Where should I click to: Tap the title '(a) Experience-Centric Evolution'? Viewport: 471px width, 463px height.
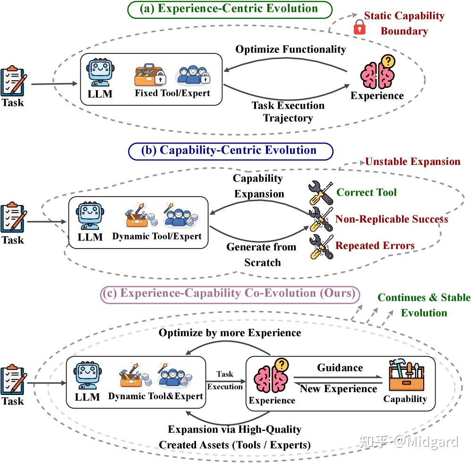(229, 9)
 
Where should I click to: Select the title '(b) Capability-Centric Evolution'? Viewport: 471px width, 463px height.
(229, 150)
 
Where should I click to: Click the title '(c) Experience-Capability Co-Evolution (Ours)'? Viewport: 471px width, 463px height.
(230, 293)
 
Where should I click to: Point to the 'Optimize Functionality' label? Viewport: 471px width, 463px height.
(291, 49)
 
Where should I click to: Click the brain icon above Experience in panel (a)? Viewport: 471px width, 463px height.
(378, 72)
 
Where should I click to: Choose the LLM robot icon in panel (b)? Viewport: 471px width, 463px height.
(90, 216)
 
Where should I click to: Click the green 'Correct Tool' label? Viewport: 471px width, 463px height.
(367, 192)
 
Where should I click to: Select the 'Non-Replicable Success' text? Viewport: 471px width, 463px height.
(392, 219)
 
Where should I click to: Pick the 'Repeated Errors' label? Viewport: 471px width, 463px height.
(375, 246)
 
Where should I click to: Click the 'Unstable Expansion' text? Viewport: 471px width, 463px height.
(413, 162)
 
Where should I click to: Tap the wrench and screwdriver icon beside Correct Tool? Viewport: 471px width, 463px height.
(321, 193)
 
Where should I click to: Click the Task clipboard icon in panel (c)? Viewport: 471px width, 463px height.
(14, 379)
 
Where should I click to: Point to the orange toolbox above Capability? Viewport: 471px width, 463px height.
(406, 374)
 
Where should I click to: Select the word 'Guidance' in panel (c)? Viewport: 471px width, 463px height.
(340, 368)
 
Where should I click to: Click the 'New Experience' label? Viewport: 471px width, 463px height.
(339, 389)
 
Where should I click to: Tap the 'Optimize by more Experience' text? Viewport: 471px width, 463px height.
(230, 333)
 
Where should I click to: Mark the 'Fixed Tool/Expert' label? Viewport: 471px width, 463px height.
(172, 93)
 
